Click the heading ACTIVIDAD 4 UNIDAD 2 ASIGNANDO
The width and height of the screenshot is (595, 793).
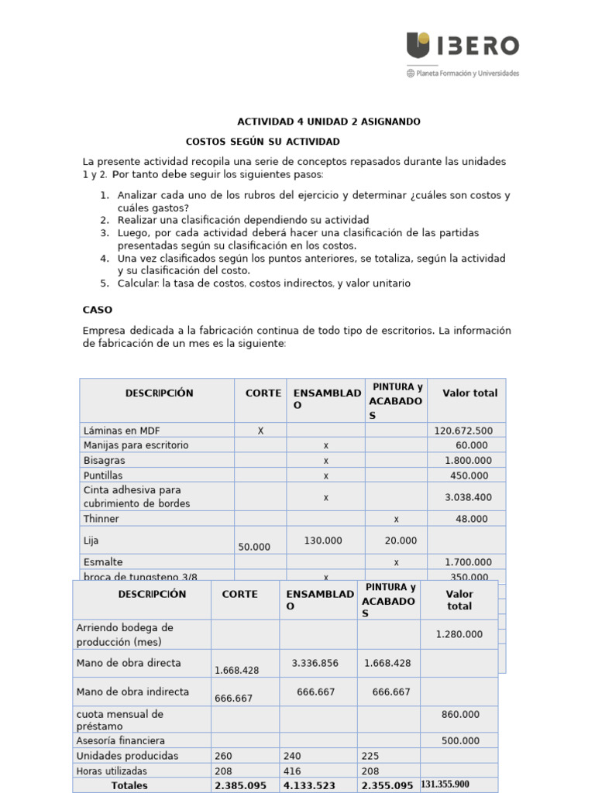point(328,122)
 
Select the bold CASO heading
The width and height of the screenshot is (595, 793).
point(98,310)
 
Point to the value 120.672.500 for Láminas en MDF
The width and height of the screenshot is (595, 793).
point(463,431)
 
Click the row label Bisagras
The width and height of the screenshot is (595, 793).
point(103,460)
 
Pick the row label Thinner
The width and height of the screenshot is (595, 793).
point(101,519)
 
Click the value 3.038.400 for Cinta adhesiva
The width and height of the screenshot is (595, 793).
point(466,497)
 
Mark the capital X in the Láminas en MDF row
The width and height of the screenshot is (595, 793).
point(260,431)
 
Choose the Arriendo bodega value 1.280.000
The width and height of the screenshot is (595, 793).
point(459,634)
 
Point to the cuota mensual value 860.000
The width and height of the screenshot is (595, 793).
point(460,715)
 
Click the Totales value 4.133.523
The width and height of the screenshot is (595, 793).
point(315,785)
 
